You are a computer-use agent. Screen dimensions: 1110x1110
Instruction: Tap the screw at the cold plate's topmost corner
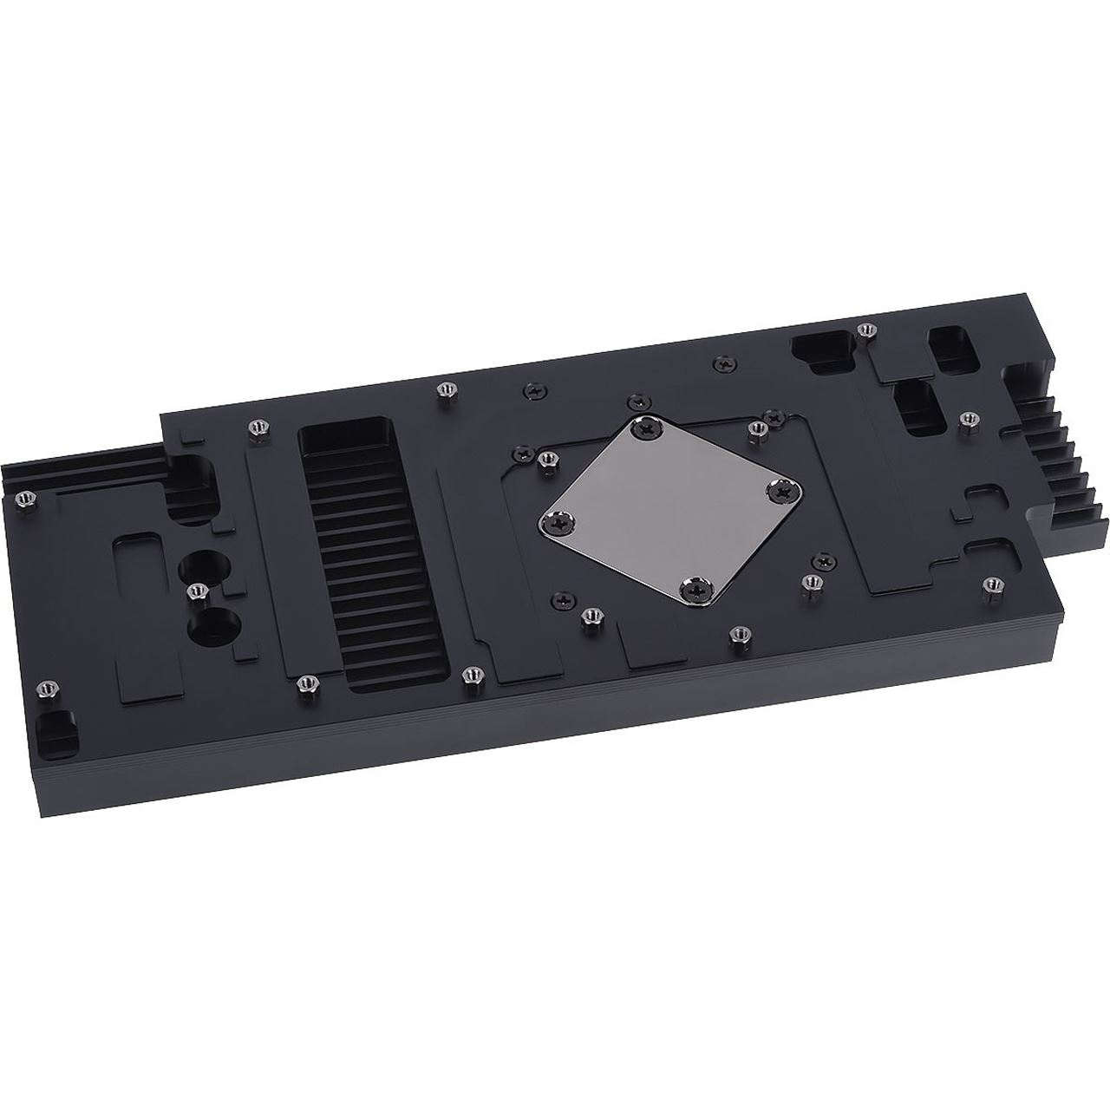[649, 427]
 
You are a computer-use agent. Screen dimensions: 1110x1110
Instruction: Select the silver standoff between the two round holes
[196, 591]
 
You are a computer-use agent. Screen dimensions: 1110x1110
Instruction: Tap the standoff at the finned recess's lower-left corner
[304, 684]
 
